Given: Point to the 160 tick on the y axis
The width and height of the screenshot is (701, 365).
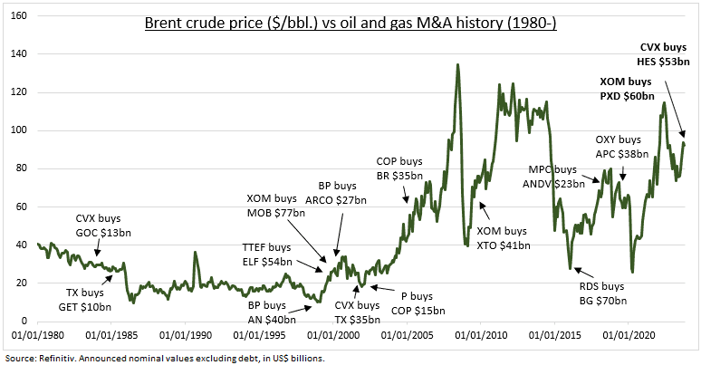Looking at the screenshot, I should pos(20,16).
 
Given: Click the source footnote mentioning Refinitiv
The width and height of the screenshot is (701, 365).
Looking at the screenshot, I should pos(163,358).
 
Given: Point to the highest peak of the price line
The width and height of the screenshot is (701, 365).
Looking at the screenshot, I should pos(457,64).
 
